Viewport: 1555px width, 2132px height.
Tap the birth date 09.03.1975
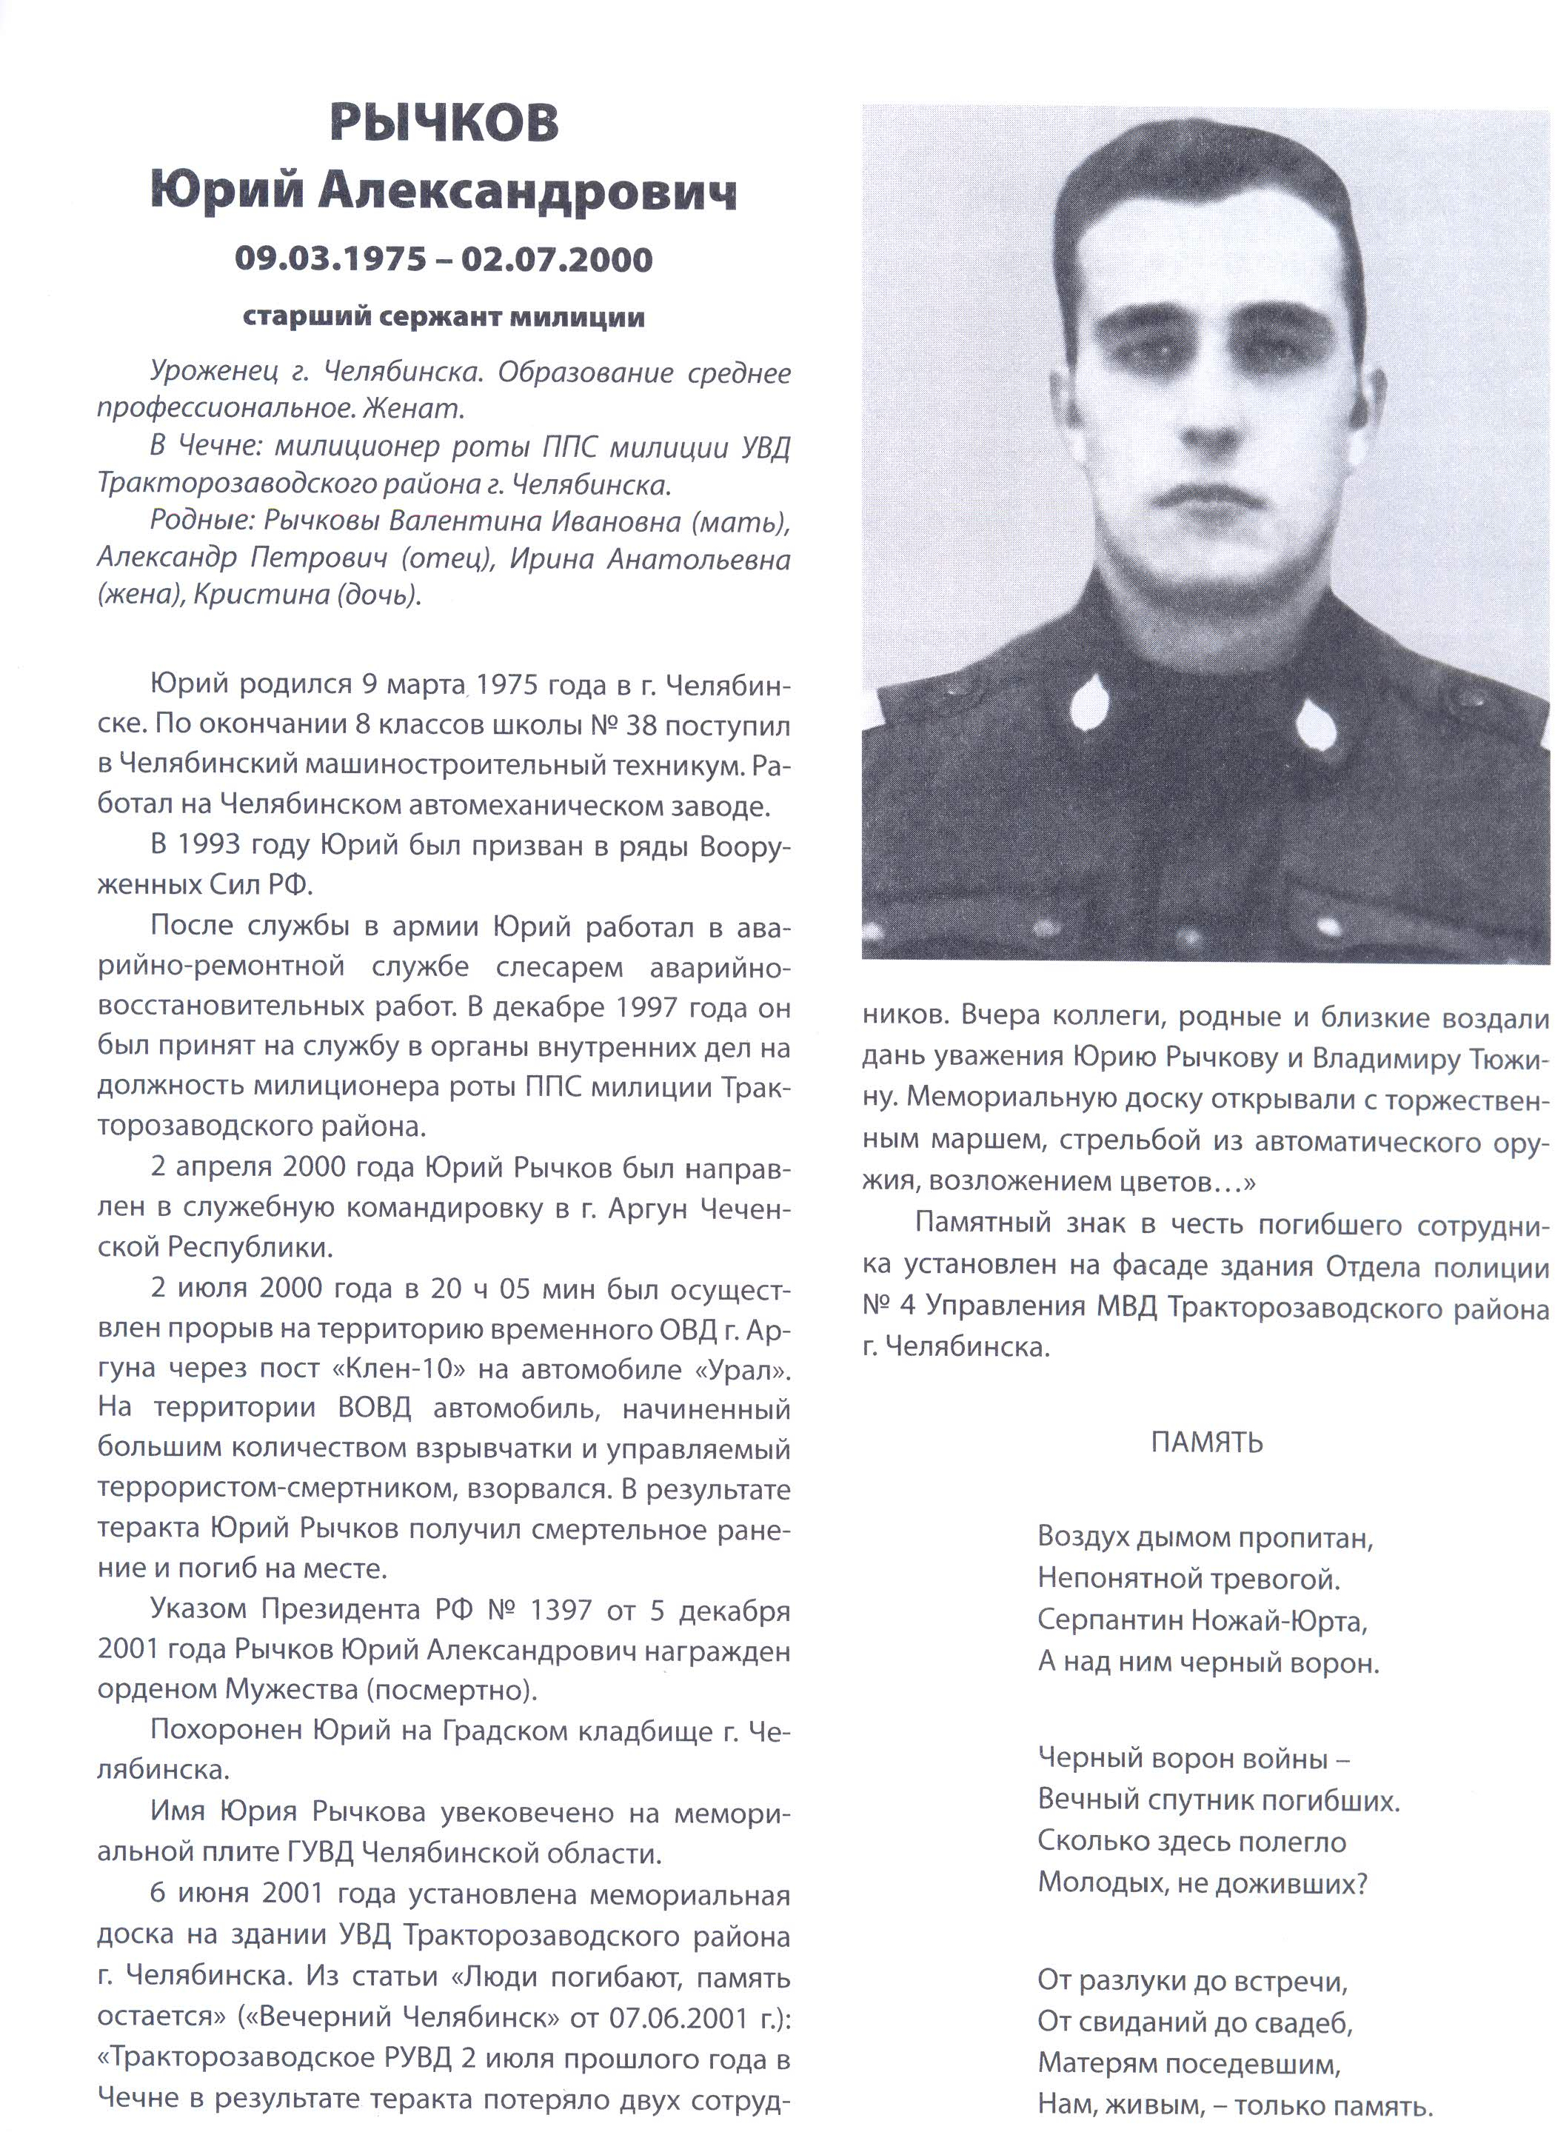[x=330, y=259]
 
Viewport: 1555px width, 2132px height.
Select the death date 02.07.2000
[x=556, y=259]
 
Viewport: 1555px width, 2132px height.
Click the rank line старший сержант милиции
[x=444, y=317]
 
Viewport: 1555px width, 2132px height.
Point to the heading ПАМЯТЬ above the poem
[x=1205, y=1442]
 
